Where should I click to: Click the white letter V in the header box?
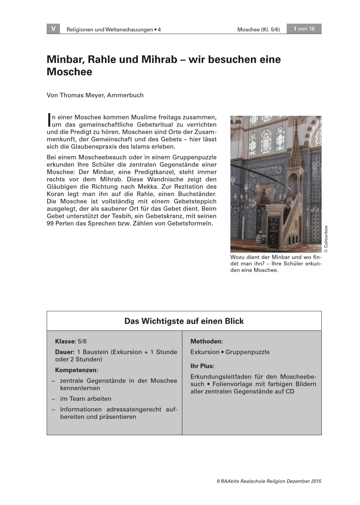(x=53, y=29)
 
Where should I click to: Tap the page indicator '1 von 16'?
(x=304, y=29)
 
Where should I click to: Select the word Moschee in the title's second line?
(x=69, y=72)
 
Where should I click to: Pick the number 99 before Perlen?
(x=50, y=223)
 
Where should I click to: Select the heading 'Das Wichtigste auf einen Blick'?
(x=184, y=321)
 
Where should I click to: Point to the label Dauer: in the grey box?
(x=65, y=352)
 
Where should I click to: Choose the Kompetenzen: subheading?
(x=77, y=370)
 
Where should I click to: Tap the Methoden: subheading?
(x=206, y=342)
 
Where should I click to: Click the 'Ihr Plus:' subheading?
(x=202, y=366)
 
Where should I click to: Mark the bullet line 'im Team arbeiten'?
(x=86, y=399)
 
